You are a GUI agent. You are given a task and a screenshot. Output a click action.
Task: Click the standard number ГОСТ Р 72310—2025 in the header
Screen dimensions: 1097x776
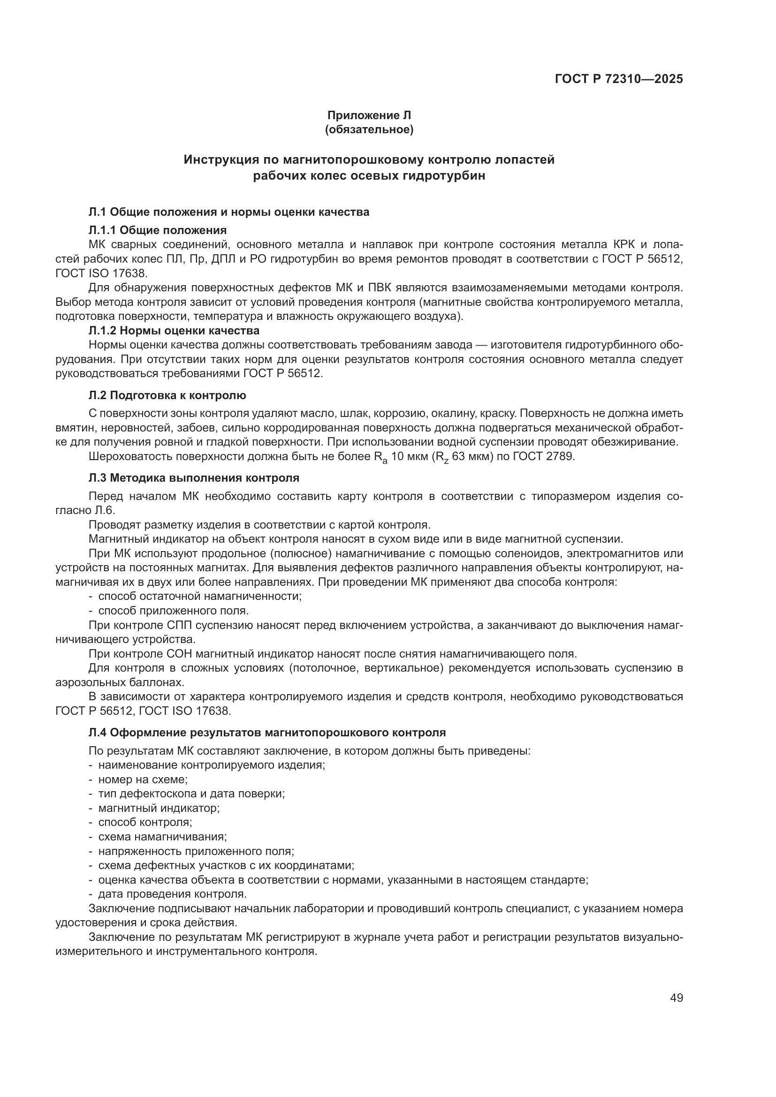pyautogui.click(x=619, y=79)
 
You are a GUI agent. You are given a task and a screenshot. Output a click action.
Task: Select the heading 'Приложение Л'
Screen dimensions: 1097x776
pyautogui.click(x=369, y=115)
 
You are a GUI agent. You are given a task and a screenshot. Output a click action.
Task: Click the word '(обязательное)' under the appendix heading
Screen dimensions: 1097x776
pyautogui.click(x=369, y=129)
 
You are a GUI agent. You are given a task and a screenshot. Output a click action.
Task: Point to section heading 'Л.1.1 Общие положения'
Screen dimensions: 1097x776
pyautogui.click(x=158, y=230)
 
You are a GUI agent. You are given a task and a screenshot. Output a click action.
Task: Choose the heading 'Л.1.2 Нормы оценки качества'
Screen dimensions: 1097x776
pyautogui.click(x=174, y=331)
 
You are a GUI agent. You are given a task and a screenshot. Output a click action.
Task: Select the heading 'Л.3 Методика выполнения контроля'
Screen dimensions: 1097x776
pyautogui.click(x=194, y=478)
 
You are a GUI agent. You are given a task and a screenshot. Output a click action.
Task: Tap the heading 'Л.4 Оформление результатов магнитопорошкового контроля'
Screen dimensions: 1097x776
pyautogui.click(x=267, y=733)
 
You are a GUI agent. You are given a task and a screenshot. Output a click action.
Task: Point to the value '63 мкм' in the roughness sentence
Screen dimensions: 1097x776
pyautogui.click(x=470, y=456)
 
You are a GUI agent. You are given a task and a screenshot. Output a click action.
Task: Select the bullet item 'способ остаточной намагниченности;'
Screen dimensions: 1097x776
pyautogui.click(x=200, y=596)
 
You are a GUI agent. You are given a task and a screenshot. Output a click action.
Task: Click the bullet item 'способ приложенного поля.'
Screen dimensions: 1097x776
pyautogui.click(x=174, y=611)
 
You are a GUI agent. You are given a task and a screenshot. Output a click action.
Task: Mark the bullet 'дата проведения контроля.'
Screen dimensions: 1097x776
pyautogui.click(x=173, y=894)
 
